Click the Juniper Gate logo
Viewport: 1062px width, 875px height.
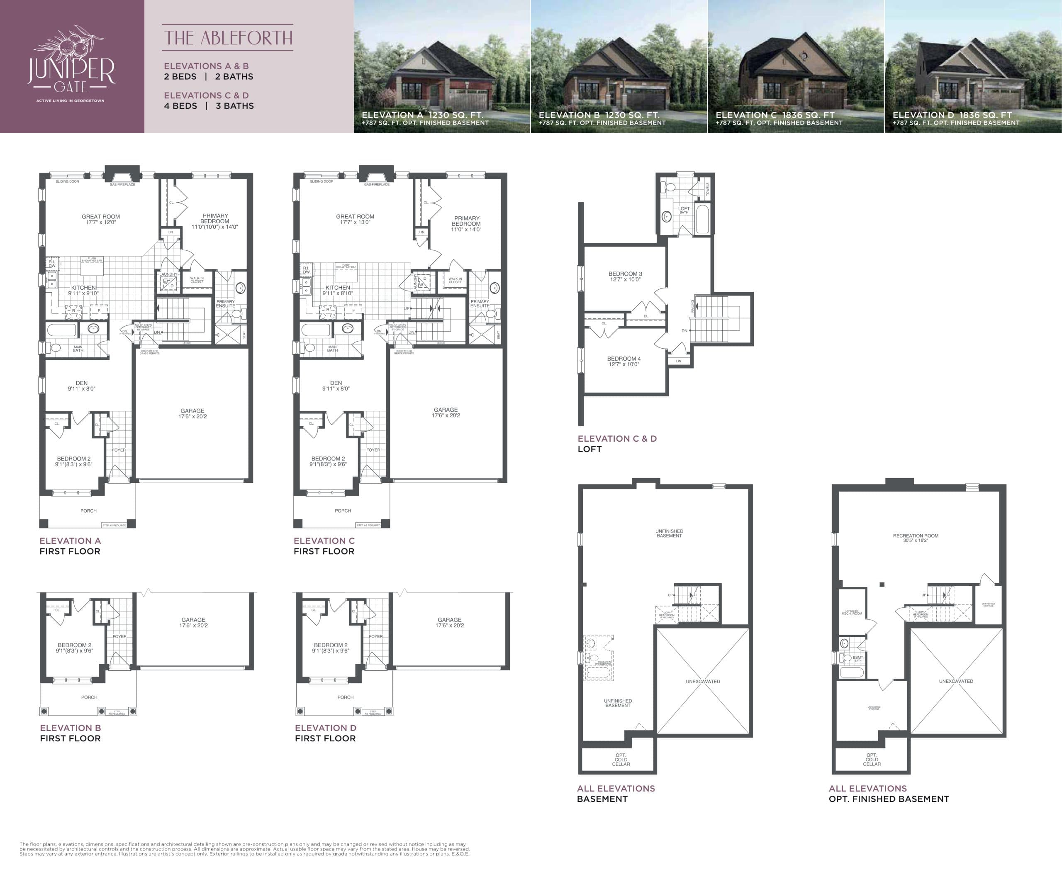coord(71,66)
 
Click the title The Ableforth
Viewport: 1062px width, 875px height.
coord(228,38)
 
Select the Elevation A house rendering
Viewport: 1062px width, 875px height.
coord(441,66)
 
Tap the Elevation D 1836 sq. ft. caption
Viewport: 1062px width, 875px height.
coord(952,115)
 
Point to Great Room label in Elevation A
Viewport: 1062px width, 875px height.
coord(101,219)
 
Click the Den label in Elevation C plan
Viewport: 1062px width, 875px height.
coord(336,386)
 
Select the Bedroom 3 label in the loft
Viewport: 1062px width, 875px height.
coord(625,276)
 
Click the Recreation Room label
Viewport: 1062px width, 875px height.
coord(916,538)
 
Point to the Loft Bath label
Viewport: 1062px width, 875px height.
coord(684,210)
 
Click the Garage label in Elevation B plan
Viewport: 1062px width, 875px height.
coord(193,623)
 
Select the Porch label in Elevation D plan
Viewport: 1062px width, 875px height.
coord(346,697)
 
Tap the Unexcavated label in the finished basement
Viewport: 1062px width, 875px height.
coord(956,681)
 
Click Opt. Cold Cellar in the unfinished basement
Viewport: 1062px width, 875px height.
coord(621,760)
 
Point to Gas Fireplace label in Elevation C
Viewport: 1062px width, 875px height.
coord(377,184)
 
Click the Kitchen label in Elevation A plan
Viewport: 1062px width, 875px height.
coord(84,290)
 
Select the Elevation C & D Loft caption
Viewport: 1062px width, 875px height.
coord(616,444)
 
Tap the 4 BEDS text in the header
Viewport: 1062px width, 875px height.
coord(180,106)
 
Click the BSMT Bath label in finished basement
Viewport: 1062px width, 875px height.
coord(857,658)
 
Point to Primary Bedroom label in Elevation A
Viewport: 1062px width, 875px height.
coord(215,221)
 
